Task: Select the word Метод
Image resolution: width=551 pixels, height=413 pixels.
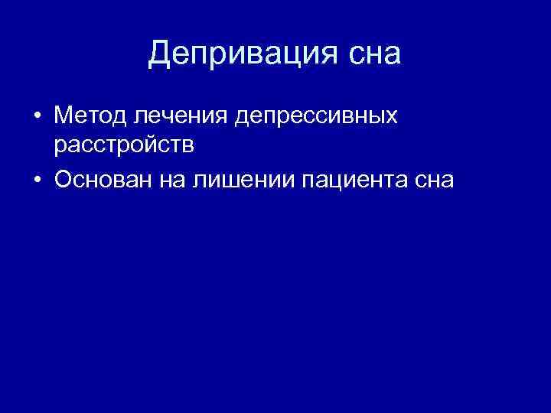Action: [91, 116]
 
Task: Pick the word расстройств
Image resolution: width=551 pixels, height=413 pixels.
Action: [129, 144]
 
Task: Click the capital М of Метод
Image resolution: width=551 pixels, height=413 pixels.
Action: [65, 116]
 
